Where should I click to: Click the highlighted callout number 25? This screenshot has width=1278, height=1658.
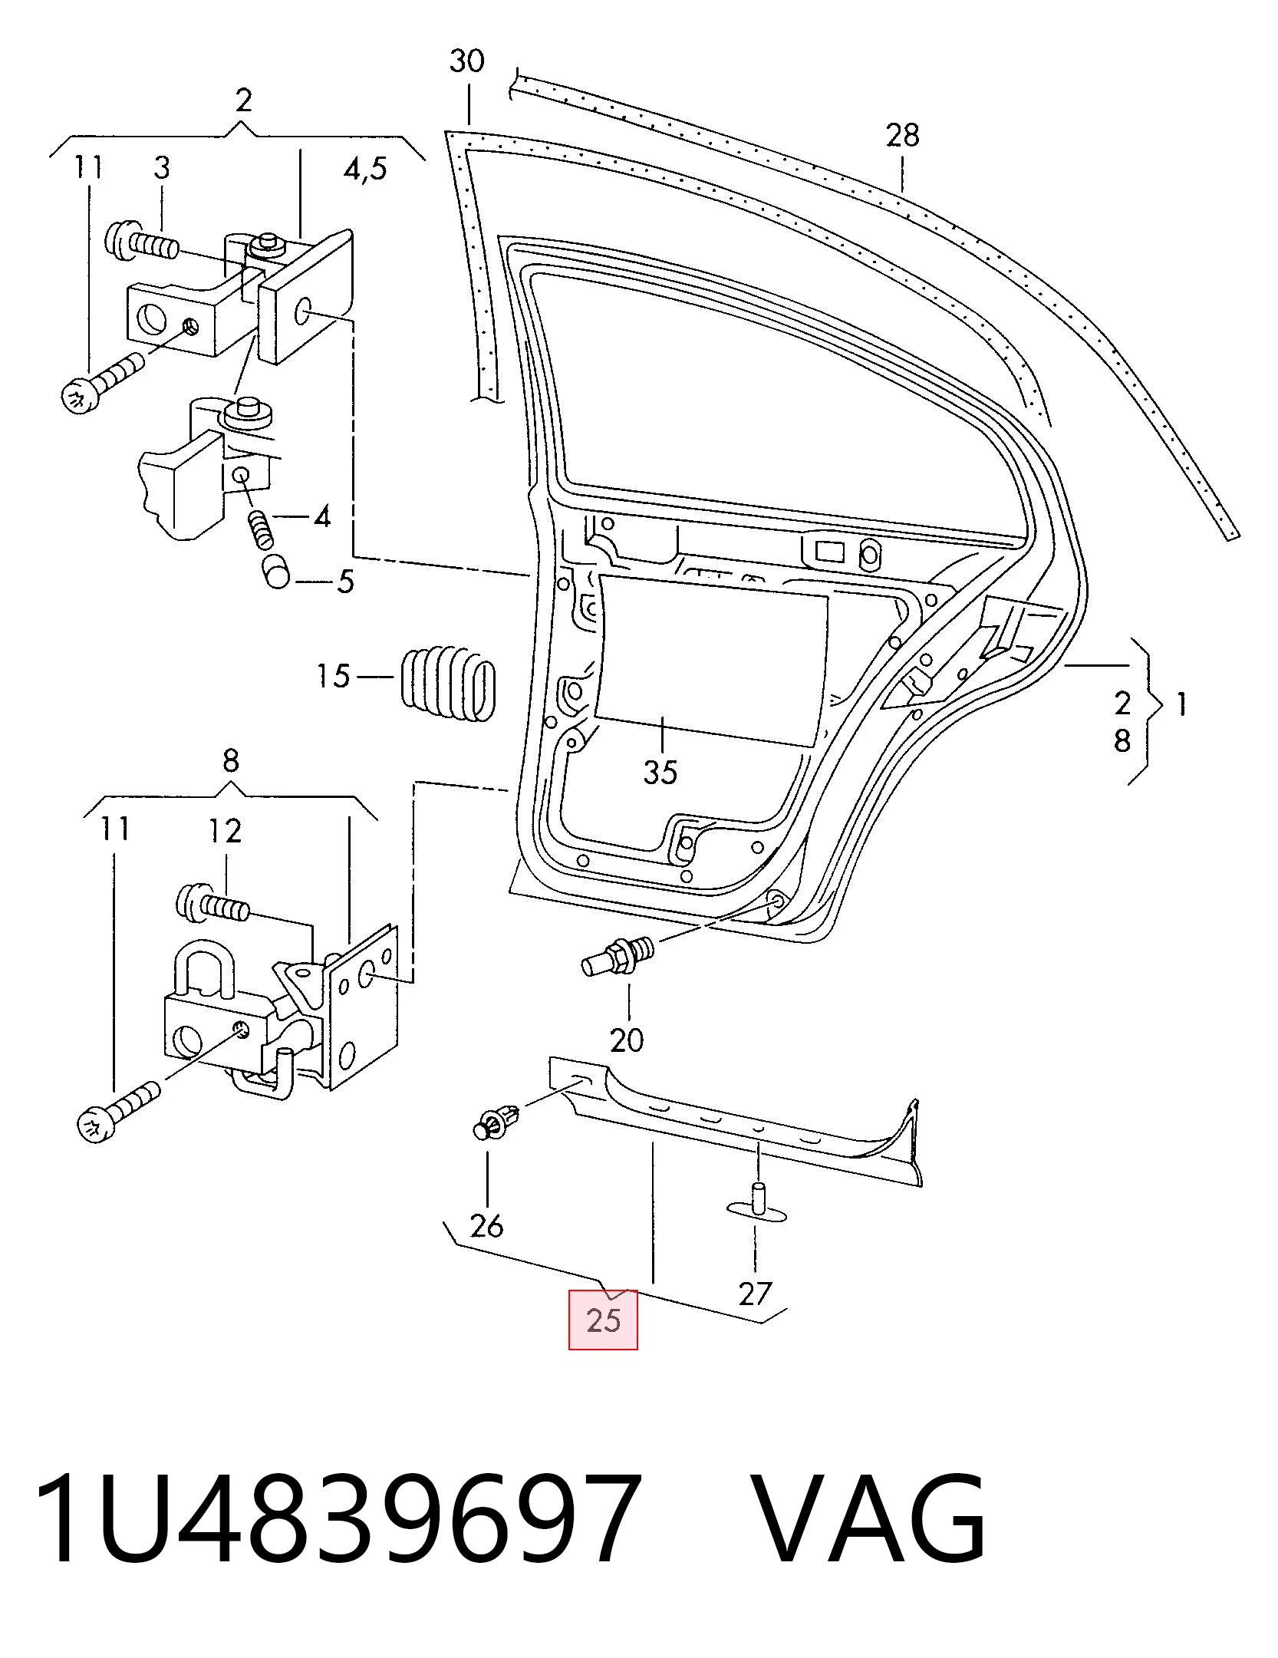coord(603,1320)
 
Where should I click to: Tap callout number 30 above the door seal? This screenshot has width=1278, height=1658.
coord(467,61)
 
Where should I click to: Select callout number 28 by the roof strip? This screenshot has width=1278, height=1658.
coord(902,136)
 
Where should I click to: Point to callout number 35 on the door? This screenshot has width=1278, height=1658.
coord(660,772)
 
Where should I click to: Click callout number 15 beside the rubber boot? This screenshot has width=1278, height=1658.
coord(334,677)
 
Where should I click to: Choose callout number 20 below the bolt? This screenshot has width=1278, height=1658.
coord(627,1040)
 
